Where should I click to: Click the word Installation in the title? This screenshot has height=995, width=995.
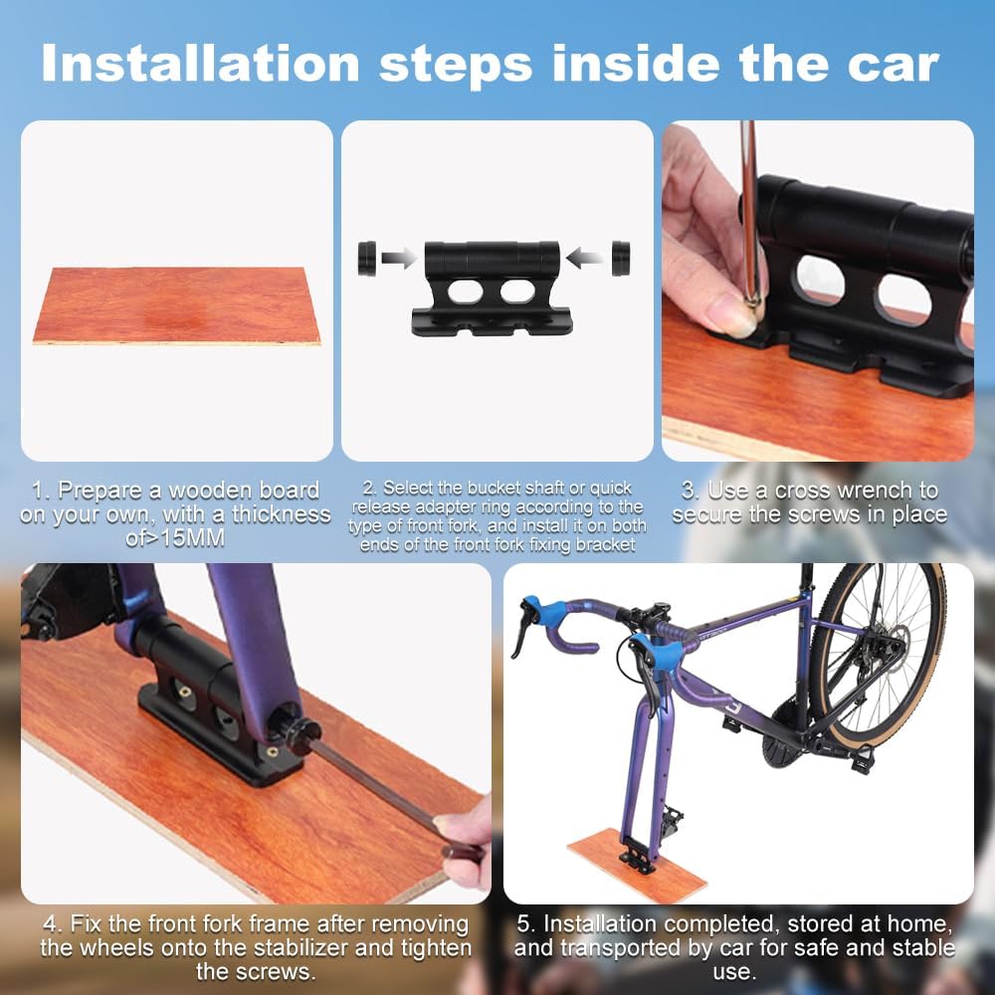(201, 64)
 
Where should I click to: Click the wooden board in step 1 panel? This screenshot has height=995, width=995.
(176, 305)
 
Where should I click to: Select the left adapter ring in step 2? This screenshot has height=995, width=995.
(367, 259)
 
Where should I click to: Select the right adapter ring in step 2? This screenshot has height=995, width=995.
(621, 259)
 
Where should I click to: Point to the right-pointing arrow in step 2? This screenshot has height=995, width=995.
(399, 258)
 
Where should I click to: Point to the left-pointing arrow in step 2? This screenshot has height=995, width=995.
(584, 259)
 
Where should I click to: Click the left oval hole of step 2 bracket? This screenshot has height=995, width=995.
(465, 292)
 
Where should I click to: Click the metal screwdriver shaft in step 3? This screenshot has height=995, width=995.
(749, 209)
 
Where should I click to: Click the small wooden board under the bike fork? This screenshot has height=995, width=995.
(637, 865)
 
